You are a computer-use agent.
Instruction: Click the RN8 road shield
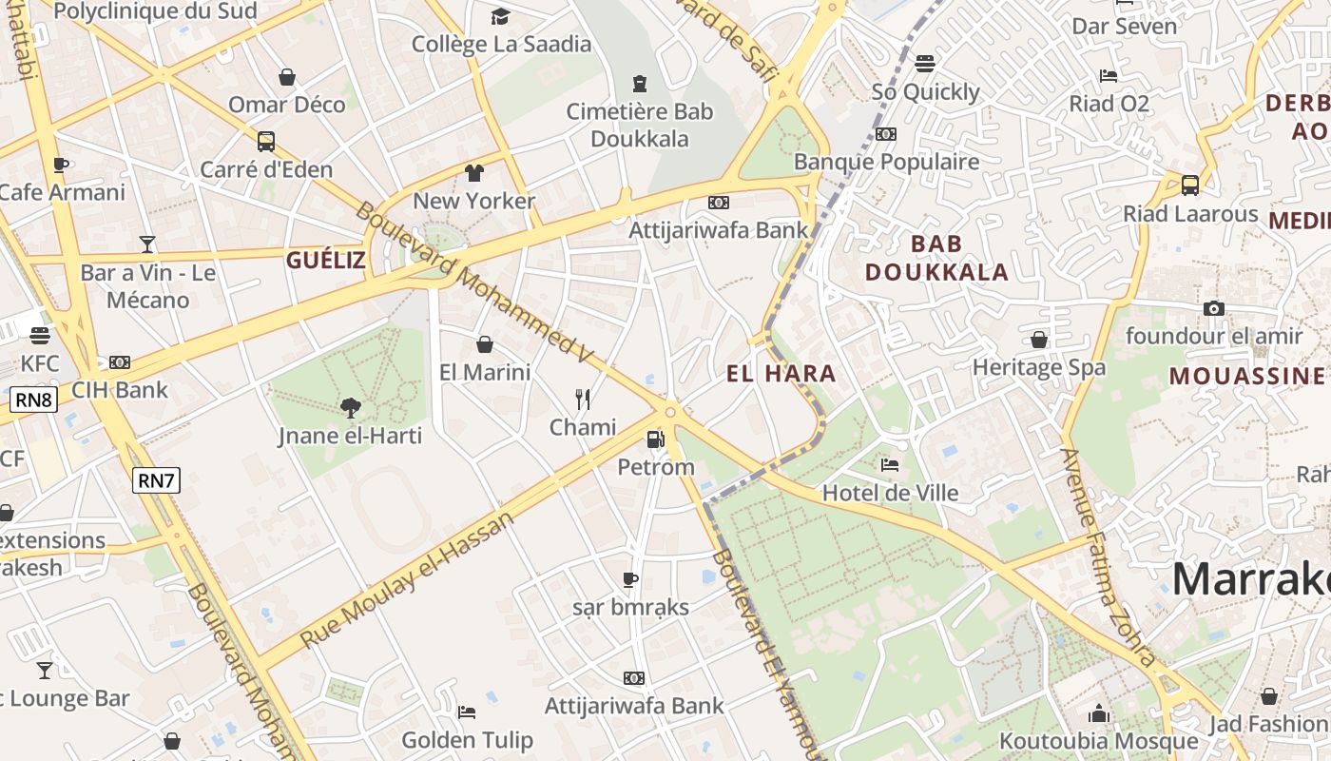point(34,400)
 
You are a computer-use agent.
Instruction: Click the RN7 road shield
point(156,480)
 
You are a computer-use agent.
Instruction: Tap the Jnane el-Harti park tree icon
point(351,408)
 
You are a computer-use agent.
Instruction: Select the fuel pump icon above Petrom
point(655,439)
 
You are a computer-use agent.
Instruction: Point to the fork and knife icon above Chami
point(583,400)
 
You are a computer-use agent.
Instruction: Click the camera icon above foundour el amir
point(1213,308)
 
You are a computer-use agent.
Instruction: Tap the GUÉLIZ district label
point(326,261)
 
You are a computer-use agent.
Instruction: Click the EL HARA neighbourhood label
point(781,374)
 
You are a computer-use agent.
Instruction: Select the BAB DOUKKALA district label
point(936,258)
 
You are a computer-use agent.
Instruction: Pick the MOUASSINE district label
point(1246,376)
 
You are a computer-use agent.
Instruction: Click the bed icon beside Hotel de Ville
point(890,465)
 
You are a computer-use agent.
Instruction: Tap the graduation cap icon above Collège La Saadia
point(500,16)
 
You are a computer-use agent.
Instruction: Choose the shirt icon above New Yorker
point(474,173)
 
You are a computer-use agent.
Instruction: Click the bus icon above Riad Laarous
point(1189,185)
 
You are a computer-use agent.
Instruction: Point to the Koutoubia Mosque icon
point(1099,713)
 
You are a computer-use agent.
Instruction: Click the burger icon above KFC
point(39,336)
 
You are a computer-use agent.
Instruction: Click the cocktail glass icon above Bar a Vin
point(147,244)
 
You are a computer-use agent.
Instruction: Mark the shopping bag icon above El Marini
point(485,344)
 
